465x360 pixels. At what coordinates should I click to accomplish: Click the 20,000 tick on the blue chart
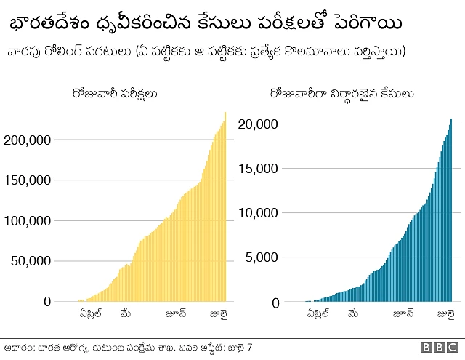tap(258, 124)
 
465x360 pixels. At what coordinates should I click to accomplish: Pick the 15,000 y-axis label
tap(258, 169)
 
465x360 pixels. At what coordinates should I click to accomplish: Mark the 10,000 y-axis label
tap(258, 213)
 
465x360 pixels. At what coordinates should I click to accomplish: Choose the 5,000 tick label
tap(262, 257)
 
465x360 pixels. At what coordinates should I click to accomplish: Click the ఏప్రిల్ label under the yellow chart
tap(90, 314)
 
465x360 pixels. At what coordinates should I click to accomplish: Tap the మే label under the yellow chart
tap(126, 314)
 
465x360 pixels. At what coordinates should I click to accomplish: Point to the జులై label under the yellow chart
tap(219, 314)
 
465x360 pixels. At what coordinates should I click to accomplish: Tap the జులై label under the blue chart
tap(445, 315)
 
